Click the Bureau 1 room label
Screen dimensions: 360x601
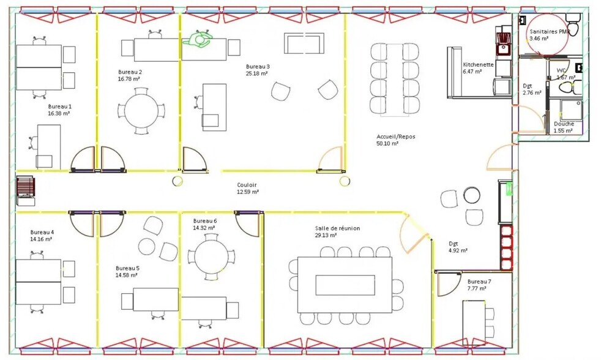(x=59, y=106)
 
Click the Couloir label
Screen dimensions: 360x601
(x=247, y=184)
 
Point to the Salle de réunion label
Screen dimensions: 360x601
(x=337, y=228)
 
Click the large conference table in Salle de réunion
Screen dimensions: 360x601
(x=345, y=285)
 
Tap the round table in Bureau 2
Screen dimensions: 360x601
(x=141, y=111)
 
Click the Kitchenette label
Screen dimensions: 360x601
(x=478, y=64)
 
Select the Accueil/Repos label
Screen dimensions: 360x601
(x=395, y=137)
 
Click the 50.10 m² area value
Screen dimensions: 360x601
(x=387, y=144)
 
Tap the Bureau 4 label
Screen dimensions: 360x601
(x=42, y=232)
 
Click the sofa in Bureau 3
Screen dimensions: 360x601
(x=304, y=43)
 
